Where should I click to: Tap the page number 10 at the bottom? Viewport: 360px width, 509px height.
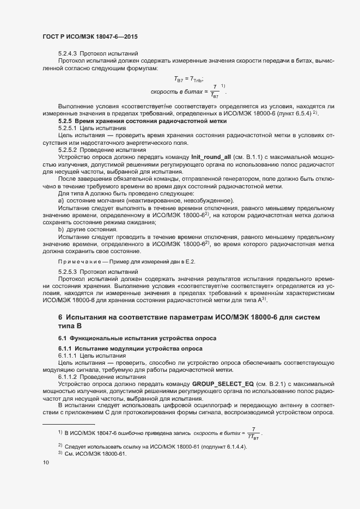coord(46,463)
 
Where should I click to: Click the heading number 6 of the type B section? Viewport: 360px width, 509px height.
coord(60,317)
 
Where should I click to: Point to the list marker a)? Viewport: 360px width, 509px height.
coord(61,200)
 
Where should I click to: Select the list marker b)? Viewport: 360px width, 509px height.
coord(61,230)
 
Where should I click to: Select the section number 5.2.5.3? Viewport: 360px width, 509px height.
coord(68,271)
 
